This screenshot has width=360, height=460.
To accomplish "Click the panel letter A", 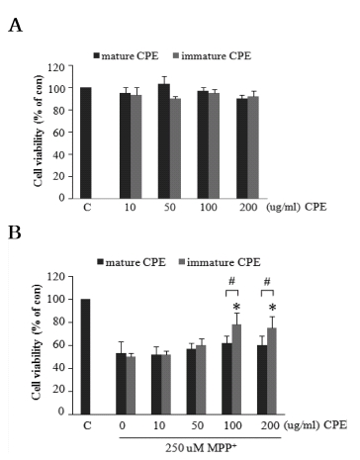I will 15,25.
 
